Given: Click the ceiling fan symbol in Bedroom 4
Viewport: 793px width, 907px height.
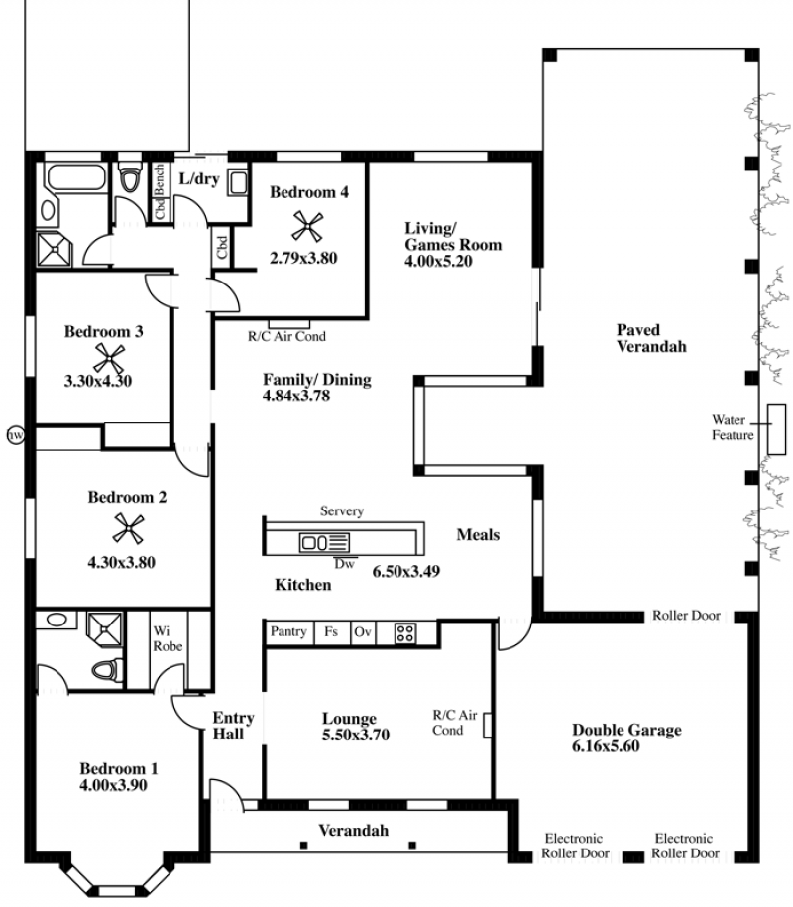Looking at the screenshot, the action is click(x=307, y=226).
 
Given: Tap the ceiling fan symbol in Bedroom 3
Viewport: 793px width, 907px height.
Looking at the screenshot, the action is click(x=109, y=358).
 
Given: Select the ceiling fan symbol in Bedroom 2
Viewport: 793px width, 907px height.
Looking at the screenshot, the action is click(x=129, y=528).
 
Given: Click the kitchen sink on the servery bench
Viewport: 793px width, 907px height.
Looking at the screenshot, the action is click(x=324, y=542).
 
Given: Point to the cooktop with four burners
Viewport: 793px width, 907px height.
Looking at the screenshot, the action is click(x=404, y=633).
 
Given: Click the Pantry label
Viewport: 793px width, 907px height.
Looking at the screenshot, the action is click(x=288, y=631).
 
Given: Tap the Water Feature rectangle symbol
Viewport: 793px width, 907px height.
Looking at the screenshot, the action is click(x=776, y=429).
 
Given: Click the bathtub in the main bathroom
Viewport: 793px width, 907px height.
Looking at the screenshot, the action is click(x=77, y=177).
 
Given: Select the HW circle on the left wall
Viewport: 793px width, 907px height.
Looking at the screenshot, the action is click(x=16, y=434).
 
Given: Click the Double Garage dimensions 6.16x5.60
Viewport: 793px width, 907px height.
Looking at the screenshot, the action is click(x=606, y=746).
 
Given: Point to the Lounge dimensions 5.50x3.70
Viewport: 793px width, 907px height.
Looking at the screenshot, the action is click(x=356, y=735).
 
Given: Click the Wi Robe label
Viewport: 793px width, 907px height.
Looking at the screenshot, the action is click(x=168, y=638).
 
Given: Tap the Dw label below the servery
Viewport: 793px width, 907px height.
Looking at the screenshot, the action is click(x=344, y=563).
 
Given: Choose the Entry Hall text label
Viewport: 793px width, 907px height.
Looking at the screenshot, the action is click(x=233, y=726).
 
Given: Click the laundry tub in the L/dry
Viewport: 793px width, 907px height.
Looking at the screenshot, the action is click(x=238, y=182).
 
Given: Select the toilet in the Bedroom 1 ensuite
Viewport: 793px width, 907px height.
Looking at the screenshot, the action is click(x=108, y=670).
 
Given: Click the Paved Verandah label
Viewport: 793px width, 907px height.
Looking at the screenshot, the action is click(x=651, y=338).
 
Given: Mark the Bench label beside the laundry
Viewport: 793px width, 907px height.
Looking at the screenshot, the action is click(x=159, y=179).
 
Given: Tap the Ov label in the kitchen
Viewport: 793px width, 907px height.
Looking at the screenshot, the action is click(x=362, y=631).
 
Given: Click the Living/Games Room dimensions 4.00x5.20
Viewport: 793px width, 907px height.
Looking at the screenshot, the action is click(x=438, y=261).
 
